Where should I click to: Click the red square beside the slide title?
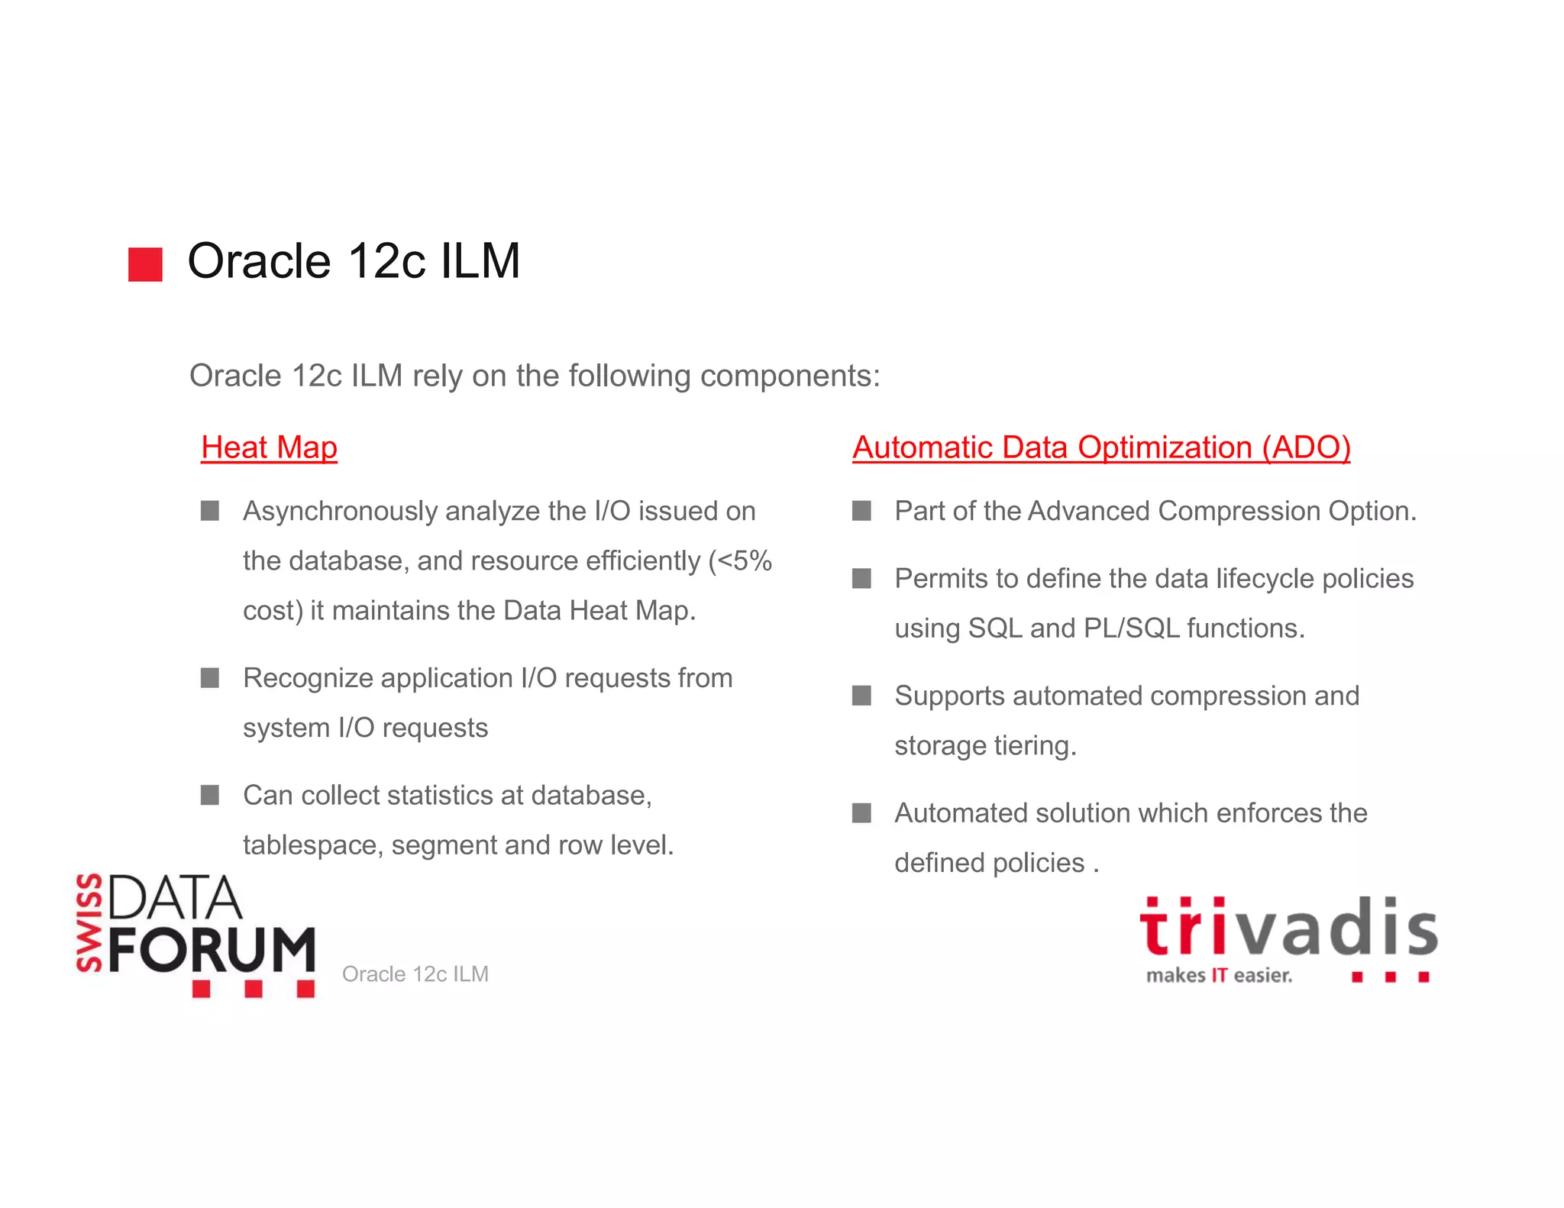point(145,264)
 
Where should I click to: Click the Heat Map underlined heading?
point(269,447)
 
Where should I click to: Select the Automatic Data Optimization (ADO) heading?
point(1101,447)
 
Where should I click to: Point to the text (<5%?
point(739,561)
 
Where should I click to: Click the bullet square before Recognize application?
point(210,678)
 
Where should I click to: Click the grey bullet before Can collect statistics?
point(210,796)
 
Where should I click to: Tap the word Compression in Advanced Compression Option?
point(1235,512)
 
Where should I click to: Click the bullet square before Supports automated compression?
point(861,696)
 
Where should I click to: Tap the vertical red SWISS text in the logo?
point(90,922)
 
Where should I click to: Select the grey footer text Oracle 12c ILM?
point(415,974)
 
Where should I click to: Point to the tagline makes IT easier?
point(1219,976)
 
